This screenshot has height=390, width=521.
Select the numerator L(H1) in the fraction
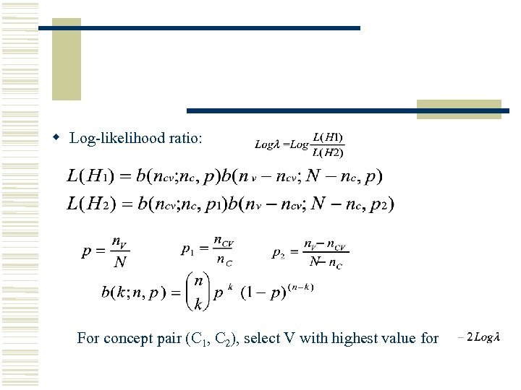tap(328, 136)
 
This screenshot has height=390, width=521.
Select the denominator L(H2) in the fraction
tap(328, 152)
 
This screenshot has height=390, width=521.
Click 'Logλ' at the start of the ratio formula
tap(267, 144)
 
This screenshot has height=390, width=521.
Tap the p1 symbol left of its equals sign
tap(187, 251)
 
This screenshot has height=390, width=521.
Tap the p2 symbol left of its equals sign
tap(278, 253)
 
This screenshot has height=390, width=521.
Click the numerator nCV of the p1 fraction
tap(223, 242)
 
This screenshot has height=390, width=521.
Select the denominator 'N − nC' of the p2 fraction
tap(326, 262)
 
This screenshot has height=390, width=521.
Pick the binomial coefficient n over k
tap(198, 292)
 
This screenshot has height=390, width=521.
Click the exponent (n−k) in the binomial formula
tap(300, 287)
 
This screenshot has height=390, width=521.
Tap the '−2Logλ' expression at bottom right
tap(479, 337)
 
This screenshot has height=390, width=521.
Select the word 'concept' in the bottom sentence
tap(126, 338)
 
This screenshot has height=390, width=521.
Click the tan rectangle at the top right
tap(459, 110)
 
